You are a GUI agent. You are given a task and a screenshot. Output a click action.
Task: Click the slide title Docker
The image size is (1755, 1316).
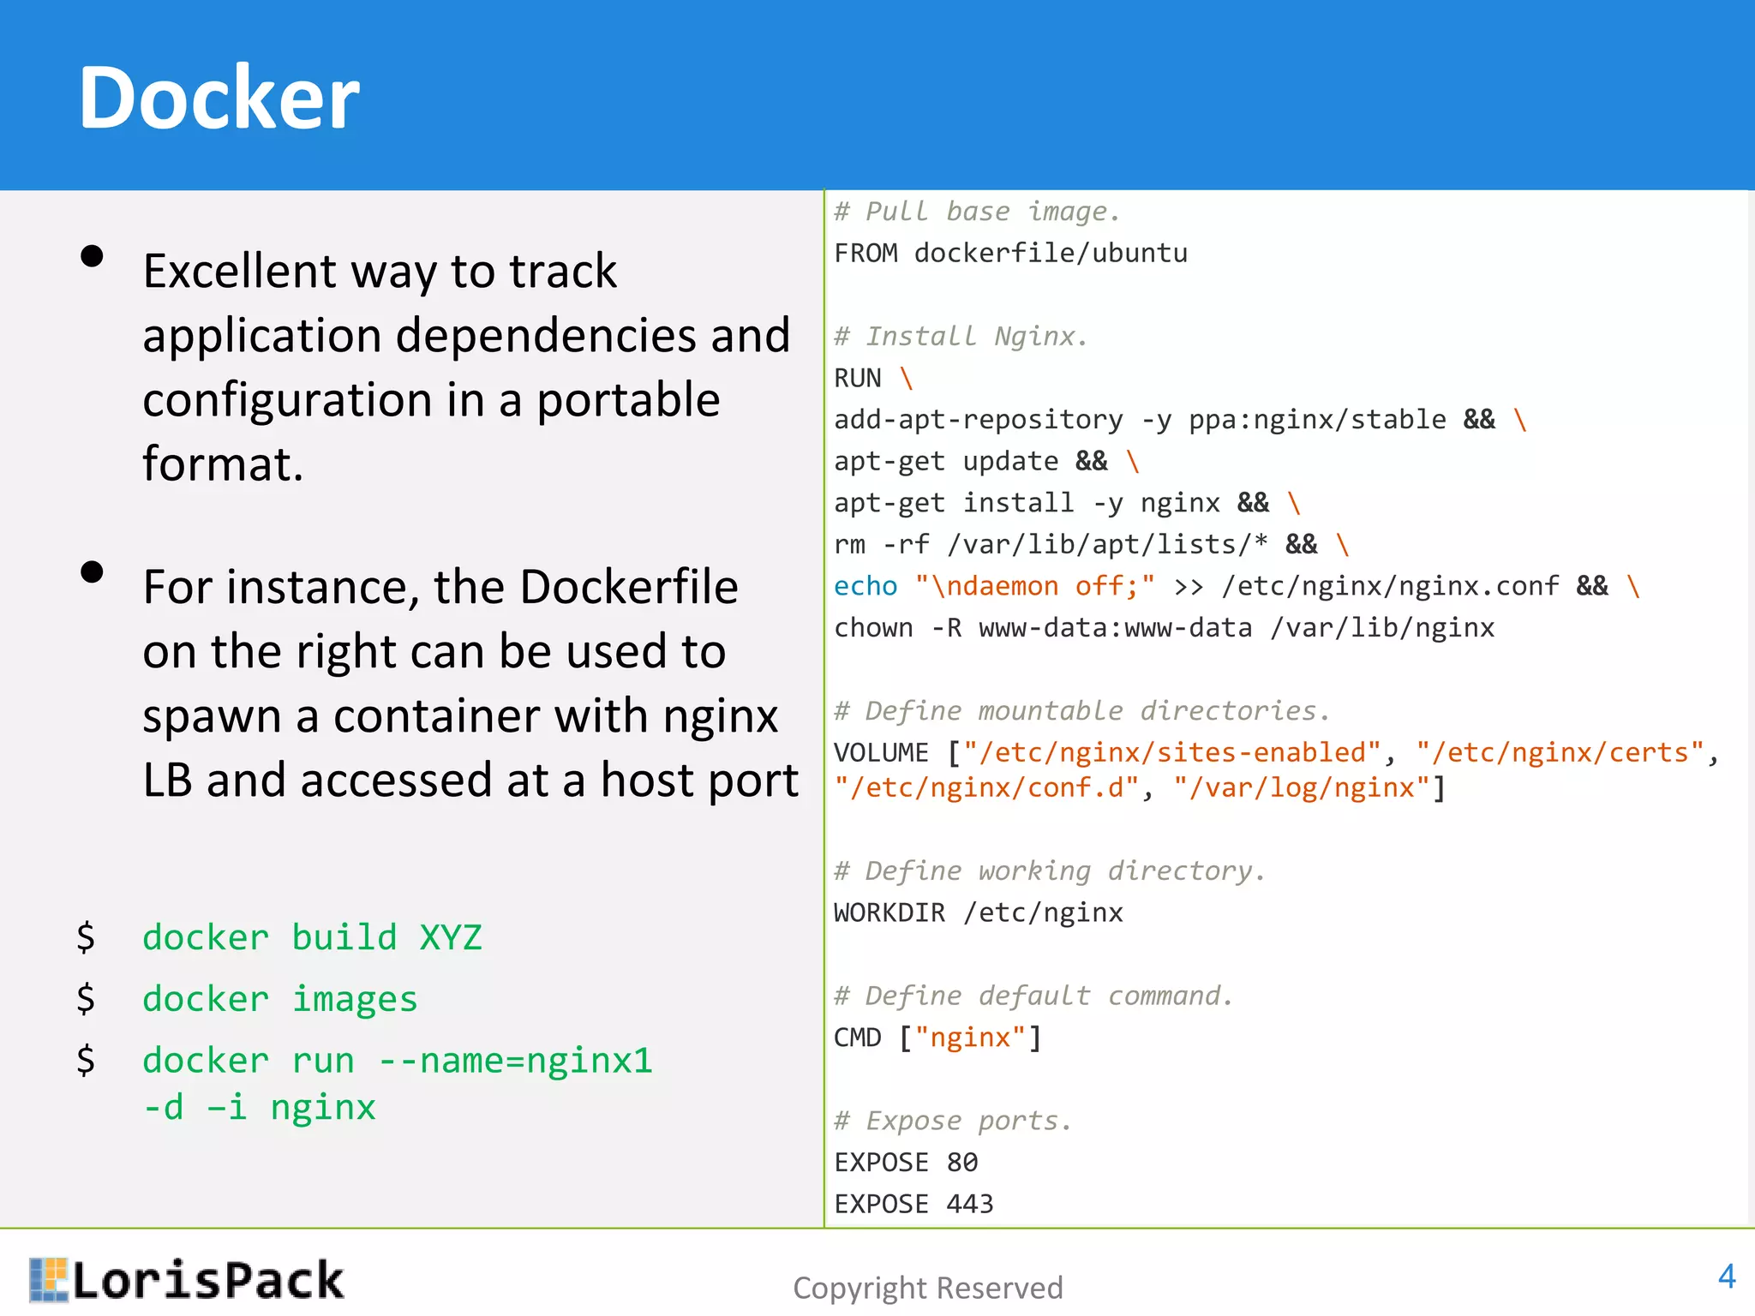coord(219,99)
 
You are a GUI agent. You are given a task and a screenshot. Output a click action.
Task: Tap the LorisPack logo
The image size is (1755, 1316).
coord(187,1280)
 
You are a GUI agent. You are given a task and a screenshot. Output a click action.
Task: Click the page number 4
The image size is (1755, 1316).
coord(1727,1277)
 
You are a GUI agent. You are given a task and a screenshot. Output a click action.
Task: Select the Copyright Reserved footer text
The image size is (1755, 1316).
coord(927,1288)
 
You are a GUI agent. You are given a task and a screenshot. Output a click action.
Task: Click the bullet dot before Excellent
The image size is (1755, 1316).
coord(92,256)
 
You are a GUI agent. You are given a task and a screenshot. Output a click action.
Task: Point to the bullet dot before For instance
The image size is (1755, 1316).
coord(92,571)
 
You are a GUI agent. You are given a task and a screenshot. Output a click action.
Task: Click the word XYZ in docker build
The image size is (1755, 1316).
coord(451,937)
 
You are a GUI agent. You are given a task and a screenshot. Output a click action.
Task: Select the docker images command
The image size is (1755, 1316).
coord(279,999)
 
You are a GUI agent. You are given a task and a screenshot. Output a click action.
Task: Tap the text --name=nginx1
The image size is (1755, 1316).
coord(515,1061)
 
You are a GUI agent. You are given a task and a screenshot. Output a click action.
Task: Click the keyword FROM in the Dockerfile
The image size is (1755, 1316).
coord(866,254)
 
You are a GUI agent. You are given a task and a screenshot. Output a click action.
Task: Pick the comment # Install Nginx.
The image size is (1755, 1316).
coord(961,336)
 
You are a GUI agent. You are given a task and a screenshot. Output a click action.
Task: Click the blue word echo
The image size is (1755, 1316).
coord(866,586)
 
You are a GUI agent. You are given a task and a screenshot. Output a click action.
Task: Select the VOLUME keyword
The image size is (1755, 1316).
coord(881,753)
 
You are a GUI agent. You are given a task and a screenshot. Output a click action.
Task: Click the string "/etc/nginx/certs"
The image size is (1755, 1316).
coord(1560,752)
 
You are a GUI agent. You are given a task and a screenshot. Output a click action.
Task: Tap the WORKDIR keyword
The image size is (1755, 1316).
coord(889,912)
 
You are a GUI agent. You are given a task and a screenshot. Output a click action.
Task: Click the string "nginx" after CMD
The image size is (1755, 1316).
coord(970,1038)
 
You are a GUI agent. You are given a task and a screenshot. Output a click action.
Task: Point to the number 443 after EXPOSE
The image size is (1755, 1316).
coord(969,1204)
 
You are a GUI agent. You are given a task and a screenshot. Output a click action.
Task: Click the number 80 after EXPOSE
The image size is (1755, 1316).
coord(961,1163)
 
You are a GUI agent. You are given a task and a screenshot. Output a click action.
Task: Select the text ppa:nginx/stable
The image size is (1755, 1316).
coord(1317,420)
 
